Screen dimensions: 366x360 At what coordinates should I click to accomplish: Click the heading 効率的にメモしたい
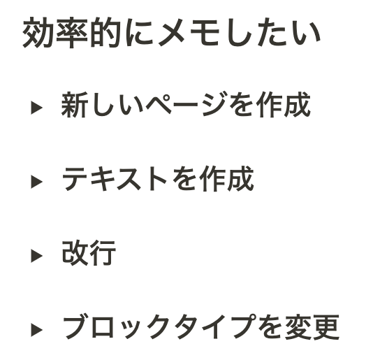point(172,32)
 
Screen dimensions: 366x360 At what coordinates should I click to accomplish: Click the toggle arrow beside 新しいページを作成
point(36,108)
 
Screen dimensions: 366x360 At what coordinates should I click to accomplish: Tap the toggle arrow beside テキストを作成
point(36,182)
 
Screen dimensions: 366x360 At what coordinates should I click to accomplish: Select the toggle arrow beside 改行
point(36,256)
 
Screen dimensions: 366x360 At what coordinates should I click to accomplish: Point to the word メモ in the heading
point(189,32)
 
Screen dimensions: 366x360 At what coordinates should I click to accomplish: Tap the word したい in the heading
point(274,32)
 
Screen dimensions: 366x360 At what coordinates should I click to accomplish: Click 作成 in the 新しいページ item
point(283,104)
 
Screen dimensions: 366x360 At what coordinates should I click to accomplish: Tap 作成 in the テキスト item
point(226,179)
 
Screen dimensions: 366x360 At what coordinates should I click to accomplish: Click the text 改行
point(89,253)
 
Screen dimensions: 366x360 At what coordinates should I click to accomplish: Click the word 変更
point(312,327)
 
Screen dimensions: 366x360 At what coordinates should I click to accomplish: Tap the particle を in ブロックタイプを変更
point(268,328)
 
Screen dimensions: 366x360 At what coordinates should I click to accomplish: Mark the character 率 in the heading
point(71,32)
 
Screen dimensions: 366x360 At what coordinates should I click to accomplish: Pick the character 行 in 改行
point(103,253)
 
